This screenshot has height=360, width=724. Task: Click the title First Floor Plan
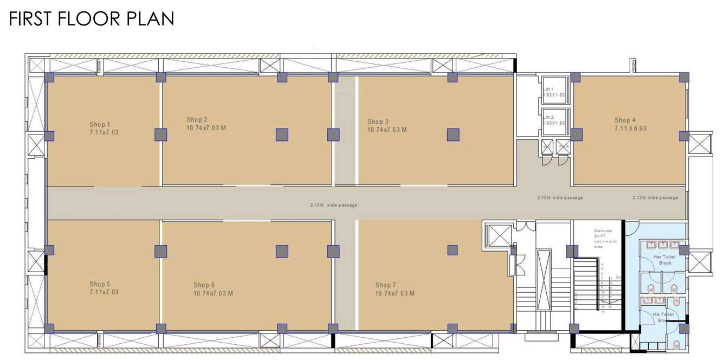click(x=91, y=18)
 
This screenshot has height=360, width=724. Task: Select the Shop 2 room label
click(x=197, y=120)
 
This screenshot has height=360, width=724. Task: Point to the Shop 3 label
click(x=378, y=122)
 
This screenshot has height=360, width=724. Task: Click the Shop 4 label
click(x=625, y=120)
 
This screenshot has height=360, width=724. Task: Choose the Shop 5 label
click(x=100, y=284)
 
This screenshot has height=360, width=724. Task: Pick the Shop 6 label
click(x=204, y=285)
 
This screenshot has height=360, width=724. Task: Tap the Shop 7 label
click(x=386, y=285)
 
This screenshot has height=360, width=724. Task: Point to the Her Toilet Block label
click(x=665, y=260)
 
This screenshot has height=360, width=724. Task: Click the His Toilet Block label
click(x=663, y=317)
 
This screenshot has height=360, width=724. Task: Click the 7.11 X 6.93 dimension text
click(x=630, y=128)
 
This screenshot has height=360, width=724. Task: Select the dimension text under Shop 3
click(x=386, y=130)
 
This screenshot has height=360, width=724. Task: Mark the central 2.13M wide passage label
click(x=333, y=205)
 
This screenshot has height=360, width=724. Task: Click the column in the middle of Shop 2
click(x=282, y=134)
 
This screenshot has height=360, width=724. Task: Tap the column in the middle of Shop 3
click(x=453, y=134)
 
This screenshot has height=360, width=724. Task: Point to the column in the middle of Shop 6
click(x=282, y=251)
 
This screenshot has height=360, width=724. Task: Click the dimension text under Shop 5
click(x=104, y=292)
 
